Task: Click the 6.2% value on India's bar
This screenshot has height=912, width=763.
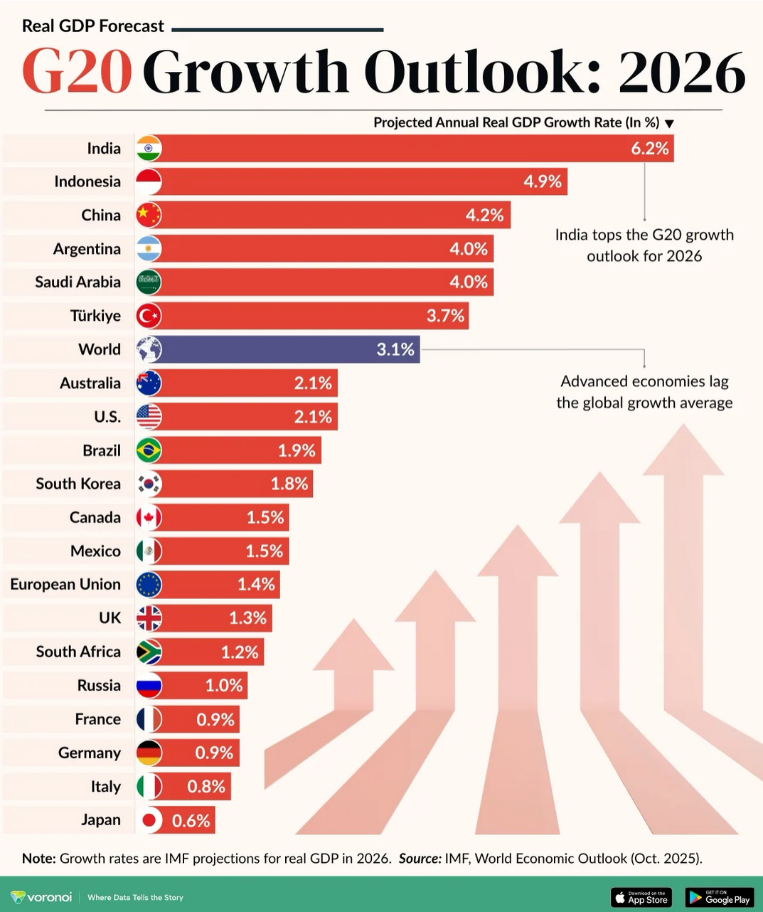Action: (649, 149)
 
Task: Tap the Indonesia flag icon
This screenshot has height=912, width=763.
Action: (149, 182)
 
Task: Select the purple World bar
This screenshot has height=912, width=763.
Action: (284, 349)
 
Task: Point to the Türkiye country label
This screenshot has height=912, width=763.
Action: (95, 316)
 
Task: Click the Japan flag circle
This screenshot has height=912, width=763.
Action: (149, 820)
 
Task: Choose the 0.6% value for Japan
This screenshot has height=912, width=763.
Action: (191, 821)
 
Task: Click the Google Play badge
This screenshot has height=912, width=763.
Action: (719, 897)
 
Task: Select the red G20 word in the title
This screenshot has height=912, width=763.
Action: (77, 72)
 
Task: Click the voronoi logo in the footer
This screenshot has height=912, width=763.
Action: (41, 897)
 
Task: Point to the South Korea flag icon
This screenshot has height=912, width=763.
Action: (149, 484)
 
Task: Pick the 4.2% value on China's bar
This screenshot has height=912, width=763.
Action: (484, 216)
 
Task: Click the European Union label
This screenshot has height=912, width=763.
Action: (65, 585)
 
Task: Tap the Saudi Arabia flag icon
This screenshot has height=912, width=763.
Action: (149, 282)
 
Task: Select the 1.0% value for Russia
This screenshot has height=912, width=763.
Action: (224, 686)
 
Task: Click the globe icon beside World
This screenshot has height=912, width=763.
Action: (149, 349)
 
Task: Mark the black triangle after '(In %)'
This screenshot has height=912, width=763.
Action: (669, 124)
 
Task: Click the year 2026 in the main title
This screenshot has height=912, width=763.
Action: (681, 72)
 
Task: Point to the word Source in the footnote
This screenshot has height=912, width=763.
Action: (418, 859)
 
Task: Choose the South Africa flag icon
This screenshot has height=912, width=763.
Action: (149, 652)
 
